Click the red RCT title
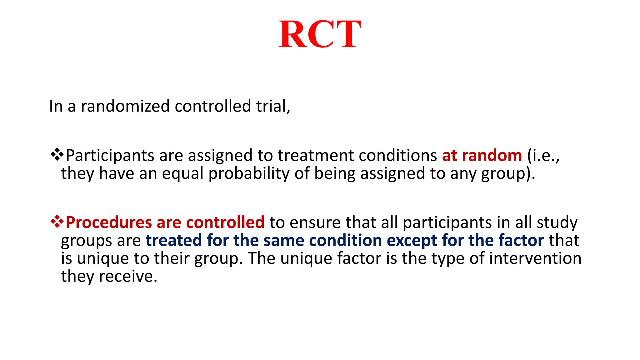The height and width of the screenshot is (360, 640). (320, 34)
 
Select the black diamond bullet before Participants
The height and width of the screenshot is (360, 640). (57, 155)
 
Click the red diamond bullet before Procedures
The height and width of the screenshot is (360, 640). (57, 222)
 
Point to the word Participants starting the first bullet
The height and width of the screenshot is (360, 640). (110, 156)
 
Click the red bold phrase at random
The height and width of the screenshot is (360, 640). (482, 155)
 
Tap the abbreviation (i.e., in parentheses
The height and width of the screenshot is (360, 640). (543, 156)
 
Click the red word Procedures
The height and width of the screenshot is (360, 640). (109, 222)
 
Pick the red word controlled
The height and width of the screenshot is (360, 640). (225, 222)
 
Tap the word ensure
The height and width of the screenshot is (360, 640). (315, 223)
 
